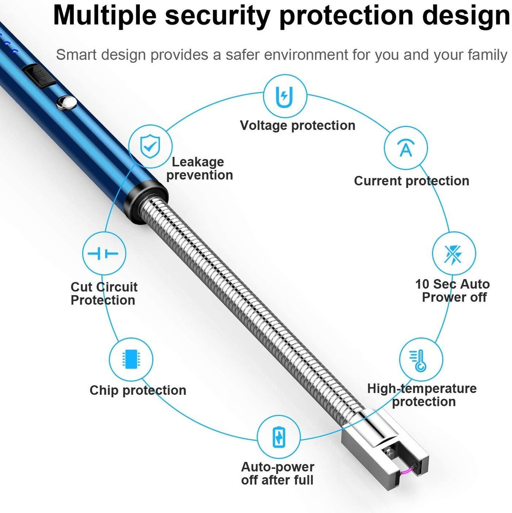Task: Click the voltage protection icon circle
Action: [x=285, y=96]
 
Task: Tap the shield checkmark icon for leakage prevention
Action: [x=150, y=146]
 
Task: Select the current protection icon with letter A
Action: [x=406, y=148]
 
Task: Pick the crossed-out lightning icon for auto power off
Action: [x=454, y=253]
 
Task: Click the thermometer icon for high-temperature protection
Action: [x=421, y=360]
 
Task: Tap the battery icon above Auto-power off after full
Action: [x=279, y=437]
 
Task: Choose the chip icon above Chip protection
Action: [x=131, y=359]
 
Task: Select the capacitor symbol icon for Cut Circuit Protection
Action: [x=104, y=253]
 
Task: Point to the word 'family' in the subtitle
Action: [x=488, y=55]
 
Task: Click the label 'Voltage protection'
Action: [x=297, y=125]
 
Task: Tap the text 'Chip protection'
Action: [x=138, y=390]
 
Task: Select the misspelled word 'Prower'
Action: [x=440, y=297]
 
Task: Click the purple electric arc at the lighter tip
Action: [x=407, y=470]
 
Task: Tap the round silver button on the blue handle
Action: [x=66, y=103]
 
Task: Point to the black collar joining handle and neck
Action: [x=144, y=201]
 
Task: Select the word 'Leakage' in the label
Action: [x=198, y=162]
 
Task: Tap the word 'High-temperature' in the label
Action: [x=422, y=389]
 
